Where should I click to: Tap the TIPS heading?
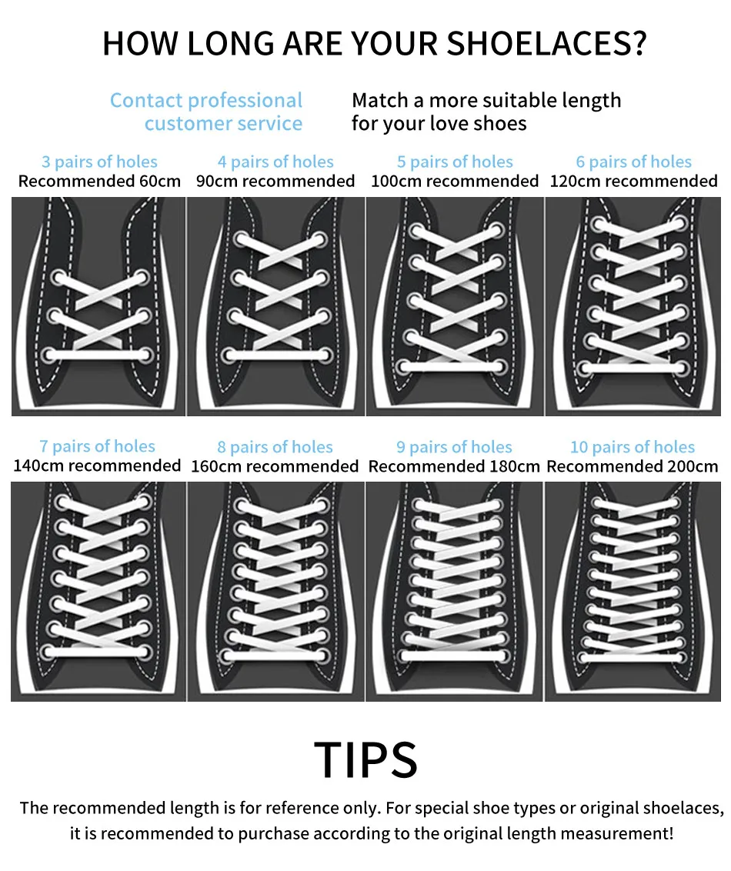(366, 760)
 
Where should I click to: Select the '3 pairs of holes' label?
(99, 162)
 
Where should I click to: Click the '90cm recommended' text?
(275, 182)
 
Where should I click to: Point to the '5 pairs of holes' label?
(455, 162)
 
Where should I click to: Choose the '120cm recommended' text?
(633, 182)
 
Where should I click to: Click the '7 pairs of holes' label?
(98, 446)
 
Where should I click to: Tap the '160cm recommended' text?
(275, 466)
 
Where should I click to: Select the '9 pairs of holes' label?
(454, 447)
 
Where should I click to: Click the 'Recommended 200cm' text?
(633, 466)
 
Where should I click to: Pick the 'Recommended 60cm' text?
(99, 182)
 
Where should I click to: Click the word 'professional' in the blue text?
(245, 101)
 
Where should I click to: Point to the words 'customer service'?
(223, 124)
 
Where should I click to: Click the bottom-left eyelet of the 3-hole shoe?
(52, 355)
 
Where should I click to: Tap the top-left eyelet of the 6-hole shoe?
(596, 224)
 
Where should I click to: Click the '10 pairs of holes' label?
(633, 447)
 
